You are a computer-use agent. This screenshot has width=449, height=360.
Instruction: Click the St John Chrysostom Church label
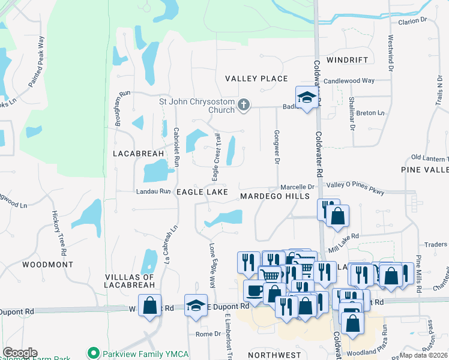[x=196, y=106]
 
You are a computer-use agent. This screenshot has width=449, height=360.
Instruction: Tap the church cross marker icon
[x=243, y=106]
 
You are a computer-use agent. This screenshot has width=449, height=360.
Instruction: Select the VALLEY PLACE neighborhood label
[x=256, y=79]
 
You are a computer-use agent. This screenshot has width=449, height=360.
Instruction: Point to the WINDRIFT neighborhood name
[x=346, y=61]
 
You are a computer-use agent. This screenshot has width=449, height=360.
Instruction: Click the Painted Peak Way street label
[x=37, y=62]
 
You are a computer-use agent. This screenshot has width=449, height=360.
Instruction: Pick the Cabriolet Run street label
[x=176, y=147]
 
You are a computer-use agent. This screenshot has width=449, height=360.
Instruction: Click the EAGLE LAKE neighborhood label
[x=202, y=192]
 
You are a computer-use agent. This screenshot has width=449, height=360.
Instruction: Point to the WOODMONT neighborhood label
[x=48, y=264]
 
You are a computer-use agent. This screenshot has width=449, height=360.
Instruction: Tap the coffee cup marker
[x=255, y=290]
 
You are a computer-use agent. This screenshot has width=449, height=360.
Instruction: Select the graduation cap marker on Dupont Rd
[x=196, y=305]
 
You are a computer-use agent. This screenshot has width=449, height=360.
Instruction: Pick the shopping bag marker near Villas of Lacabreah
[x=149, y=305]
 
